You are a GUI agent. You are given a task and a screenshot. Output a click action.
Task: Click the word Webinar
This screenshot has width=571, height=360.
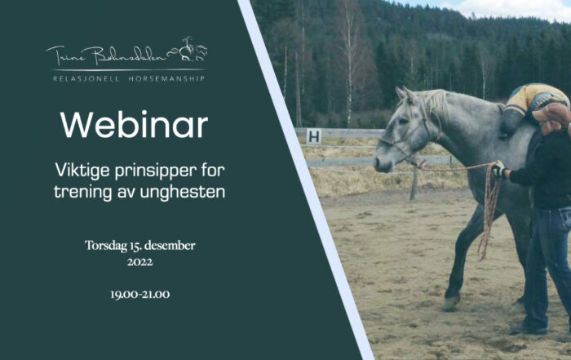tap(134, 125)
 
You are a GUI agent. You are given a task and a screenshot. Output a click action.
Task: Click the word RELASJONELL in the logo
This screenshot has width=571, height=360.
tap(86, 78)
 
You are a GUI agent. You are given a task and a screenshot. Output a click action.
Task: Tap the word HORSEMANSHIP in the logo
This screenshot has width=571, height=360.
tap(166, 78)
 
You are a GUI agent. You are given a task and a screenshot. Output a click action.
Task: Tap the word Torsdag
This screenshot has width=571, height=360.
tap(106, 246)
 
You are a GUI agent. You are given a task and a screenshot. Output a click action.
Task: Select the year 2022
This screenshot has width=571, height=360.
tap(139, 262)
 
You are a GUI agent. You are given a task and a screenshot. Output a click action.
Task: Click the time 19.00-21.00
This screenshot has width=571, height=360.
tap(139, 295)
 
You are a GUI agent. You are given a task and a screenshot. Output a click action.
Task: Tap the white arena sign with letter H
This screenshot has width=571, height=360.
tap(314, 136)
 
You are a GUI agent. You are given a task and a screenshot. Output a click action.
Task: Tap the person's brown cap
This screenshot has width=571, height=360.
tap(552, 113)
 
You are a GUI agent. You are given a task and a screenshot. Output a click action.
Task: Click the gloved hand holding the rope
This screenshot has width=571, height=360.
tap(499, 170)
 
